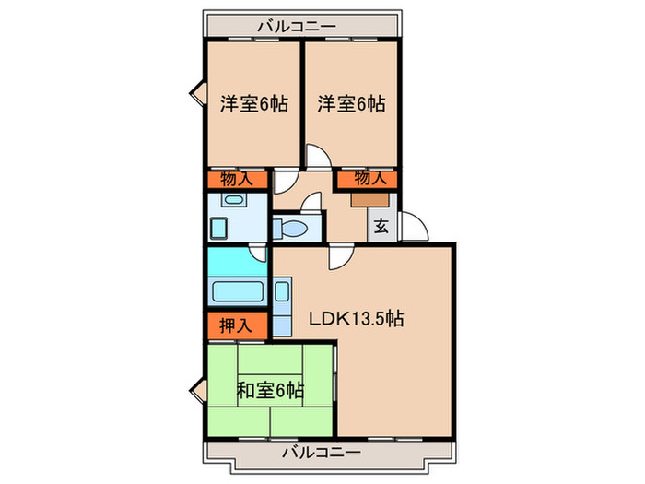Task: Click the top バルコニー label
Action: (296, 27)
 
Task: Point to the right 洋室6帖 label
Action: (351, 104)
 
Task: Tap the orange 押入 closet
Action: (237, 325)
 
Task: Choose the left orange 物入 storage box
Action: (238, 180)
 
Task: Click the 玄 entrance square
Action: (381, 225)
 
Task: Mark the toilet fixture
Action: (295, 228)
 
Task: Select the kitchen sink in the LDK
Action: (281, 297)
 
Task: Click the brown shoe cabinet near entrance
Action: (368, 196)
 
